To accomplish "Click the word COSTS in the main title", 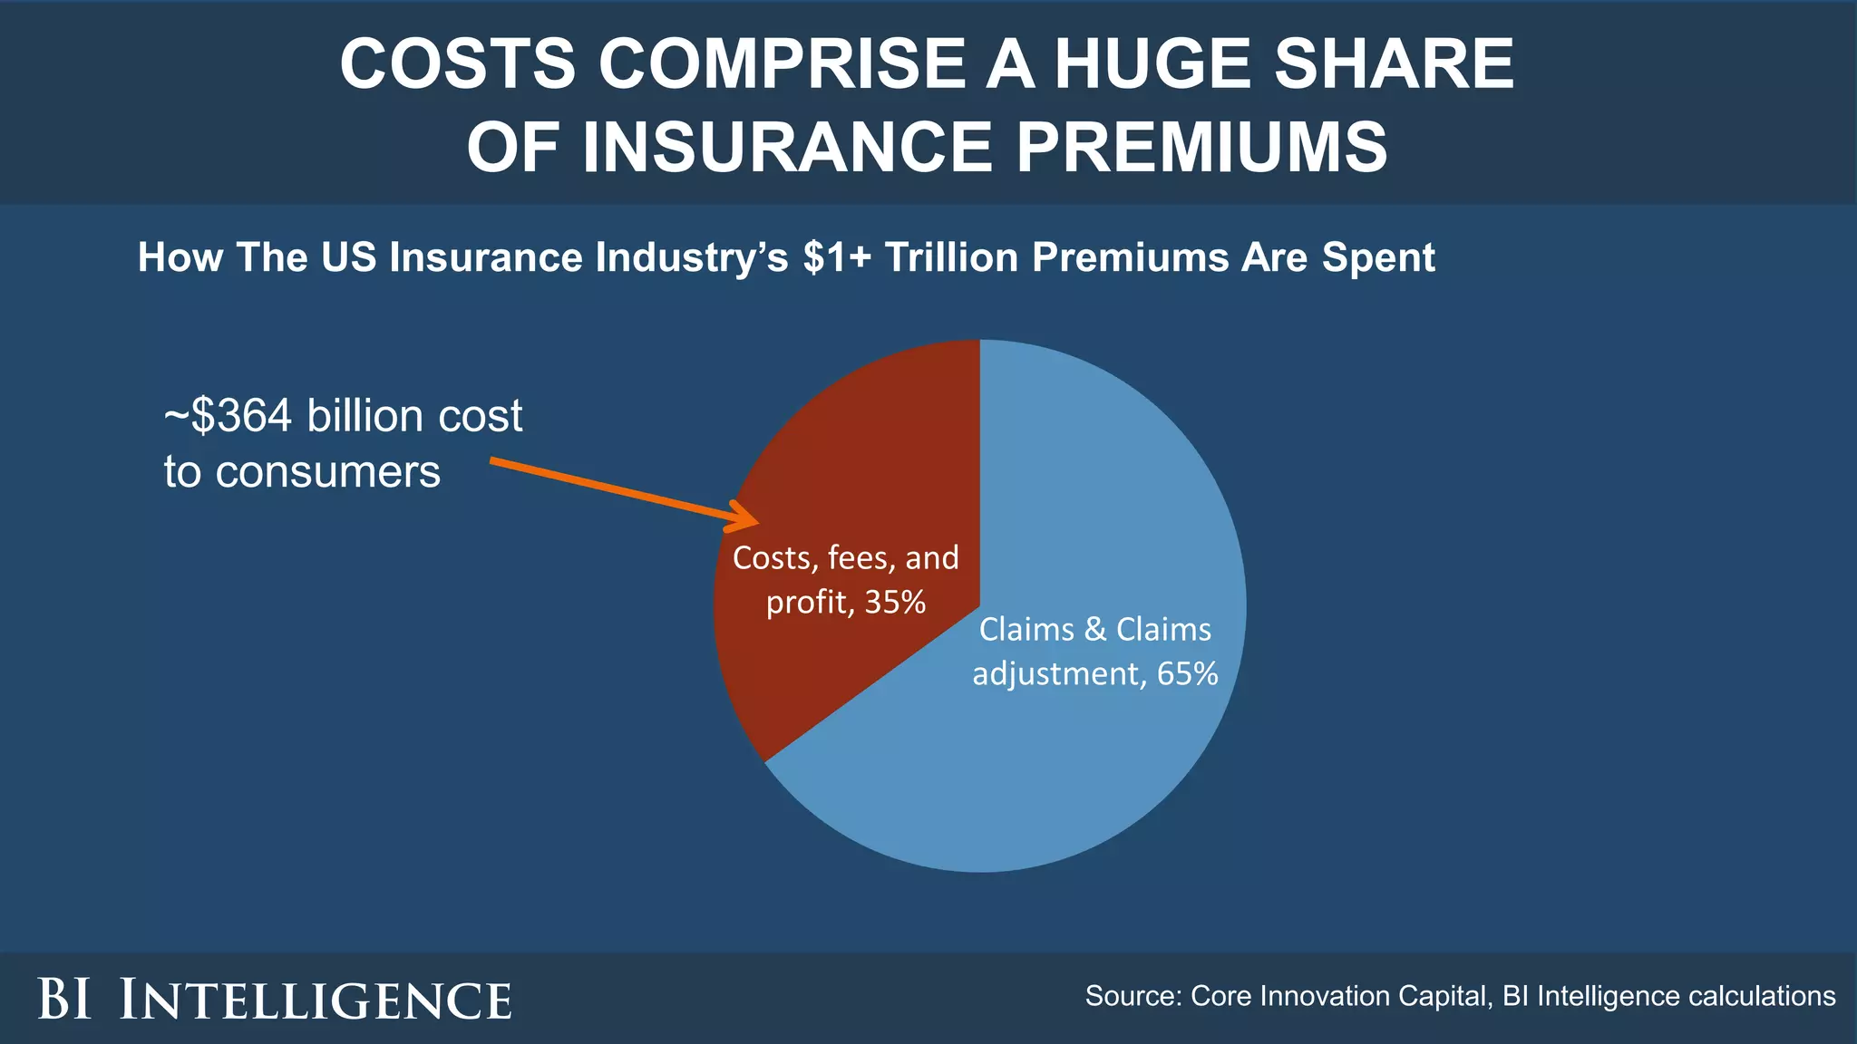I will tap(457, 64).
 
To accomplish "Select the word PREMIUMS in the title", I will tap(1201, 148).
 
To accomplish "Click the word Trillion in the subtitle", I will tap(951, 257).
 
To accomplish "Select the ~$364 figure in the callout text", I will tap(228, 416).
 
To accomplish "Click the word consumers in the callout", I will tap(327, 472).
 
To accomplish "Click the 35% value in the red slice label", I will tap(895, 603).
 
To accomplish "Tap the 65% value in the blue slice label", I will tap(1187, 674).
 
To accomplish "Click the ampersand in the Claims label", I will tap(1095, 630).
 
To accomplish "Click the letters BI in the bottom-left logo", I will tap(64, 1000).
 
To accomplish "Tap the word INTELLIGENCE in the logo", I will tap(316, 1000).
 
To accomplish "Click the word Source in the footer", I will tap(1133, 996).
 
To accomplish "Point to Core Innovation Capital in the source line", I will tap(1339, 996).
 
